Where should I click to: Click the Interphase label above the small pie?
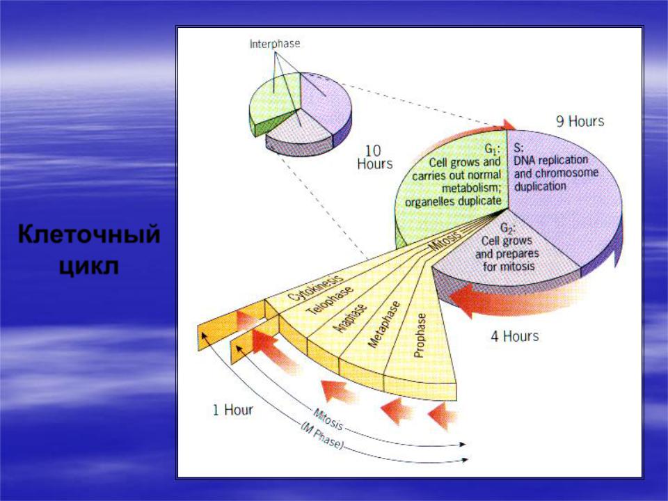click(x=275, y=43)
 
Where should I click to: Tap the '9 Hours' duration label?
click(x=580, y=121)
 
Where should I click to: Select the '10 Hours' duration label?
click(x=375, y=157)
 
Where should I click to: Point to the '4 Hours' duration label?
click(x=515, y=336)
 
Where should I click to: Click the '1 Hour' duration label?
click(x=232, y=410)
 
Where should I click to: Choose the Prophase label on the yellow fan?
click(x=420, y=335)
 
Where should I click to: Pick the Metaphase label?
click(x=384, y=324)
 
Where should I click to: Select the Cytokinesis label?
click(x=316, y=287)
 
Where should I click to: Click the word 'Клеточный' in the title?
click(x=89, y=234)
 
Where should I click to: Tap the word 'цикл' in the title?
click(x=88, y=267)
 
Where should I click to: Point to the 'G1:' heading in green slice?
click(x=493, y=149)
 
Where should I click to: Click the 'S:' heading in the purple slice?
click(x=518, y=148)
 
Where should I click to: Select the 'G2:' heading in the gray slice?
click(x=507, y=228)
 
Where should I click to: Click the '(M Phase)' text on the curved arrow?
click(x=322, y=436)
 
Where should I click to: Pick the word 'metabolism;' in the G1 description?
click(x=471, y=188)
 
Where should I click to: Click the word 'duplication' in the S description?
click(x=540, y=186)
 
